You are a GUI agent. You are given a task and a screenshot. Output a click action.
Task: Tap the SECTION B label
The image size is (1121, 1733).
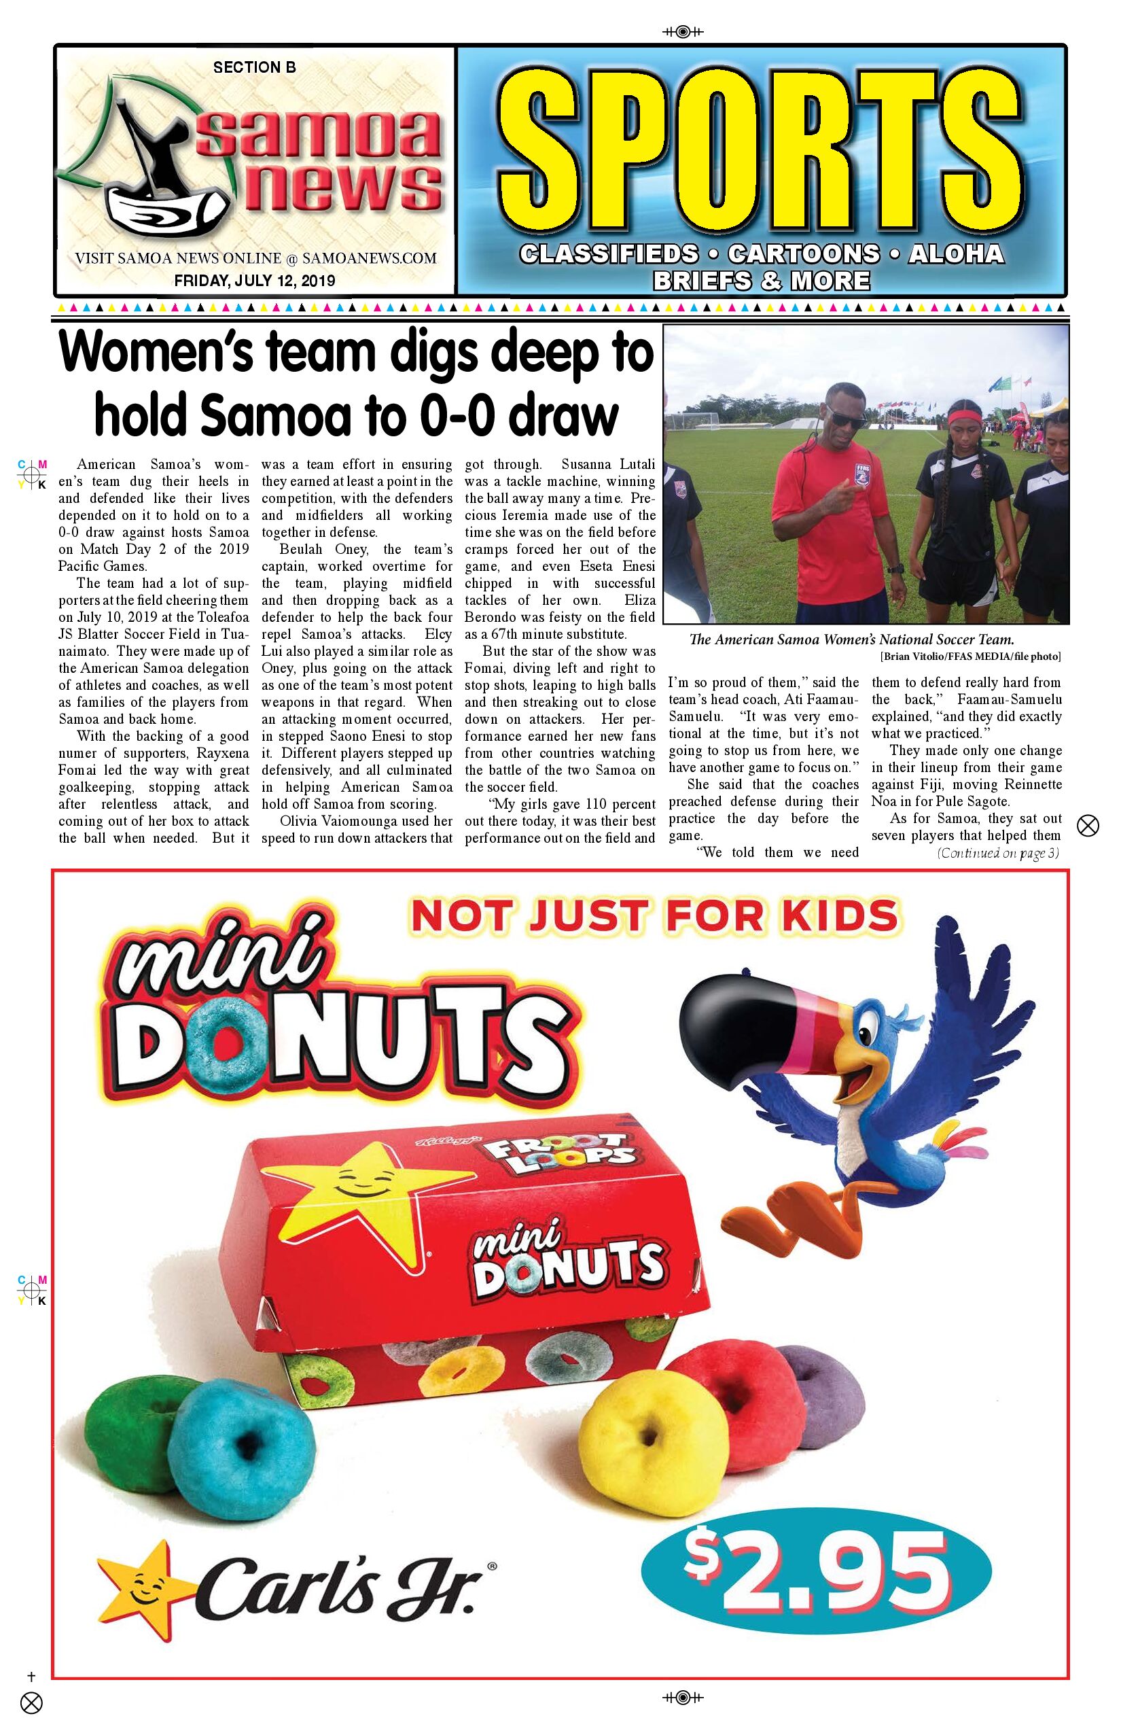254,67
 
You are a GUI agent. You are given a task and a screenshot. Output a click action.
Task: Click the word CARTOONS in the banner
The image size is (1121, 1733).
804,253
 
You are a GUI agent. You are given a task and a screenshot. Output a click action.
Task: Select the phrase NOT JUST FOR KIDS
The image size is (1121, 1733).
654,916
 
